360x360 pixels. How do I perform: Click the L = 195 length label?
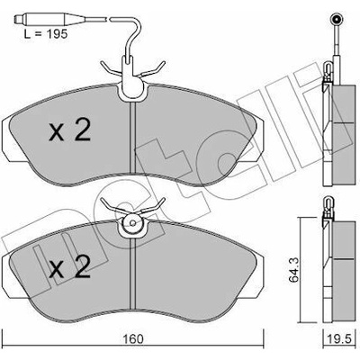(x=46, y=34)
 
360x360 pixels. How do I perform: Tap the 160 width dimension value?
(x=133, y=339)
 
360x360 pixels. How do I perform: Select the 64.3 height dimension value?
(x=294, y=271)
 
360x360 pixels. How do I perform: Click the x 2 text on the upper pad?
(x=69, y=131)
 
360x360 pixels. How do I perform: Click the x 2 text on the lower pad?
(x=69, y=266)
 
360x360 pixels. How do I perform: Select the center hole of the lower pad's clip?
(x=132, y=223)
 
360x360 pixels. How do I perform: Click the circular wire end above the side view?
(x=337, y=20)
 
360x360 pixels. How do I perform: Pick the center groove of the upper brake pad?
(x=132, y=138)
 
